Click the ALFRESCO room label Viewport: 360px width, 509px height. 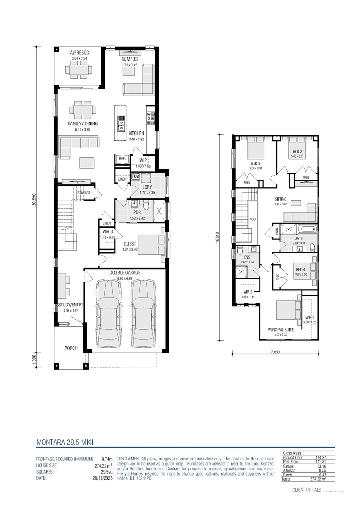tap(79, 53)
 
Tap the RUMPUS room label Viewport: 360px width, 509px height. tap(129, 59)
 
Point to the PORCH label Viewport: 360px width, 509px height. tap(71, 348)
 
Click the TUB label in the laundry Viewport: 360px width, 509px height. tap(135, 177)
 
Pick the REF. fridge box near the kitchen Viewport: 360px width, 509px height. tap(122, 159)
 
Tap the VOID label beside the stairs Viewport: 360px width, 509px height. tap(253, 219)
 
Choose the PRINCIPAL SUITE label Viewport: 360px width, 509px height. tap(280, 330)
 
